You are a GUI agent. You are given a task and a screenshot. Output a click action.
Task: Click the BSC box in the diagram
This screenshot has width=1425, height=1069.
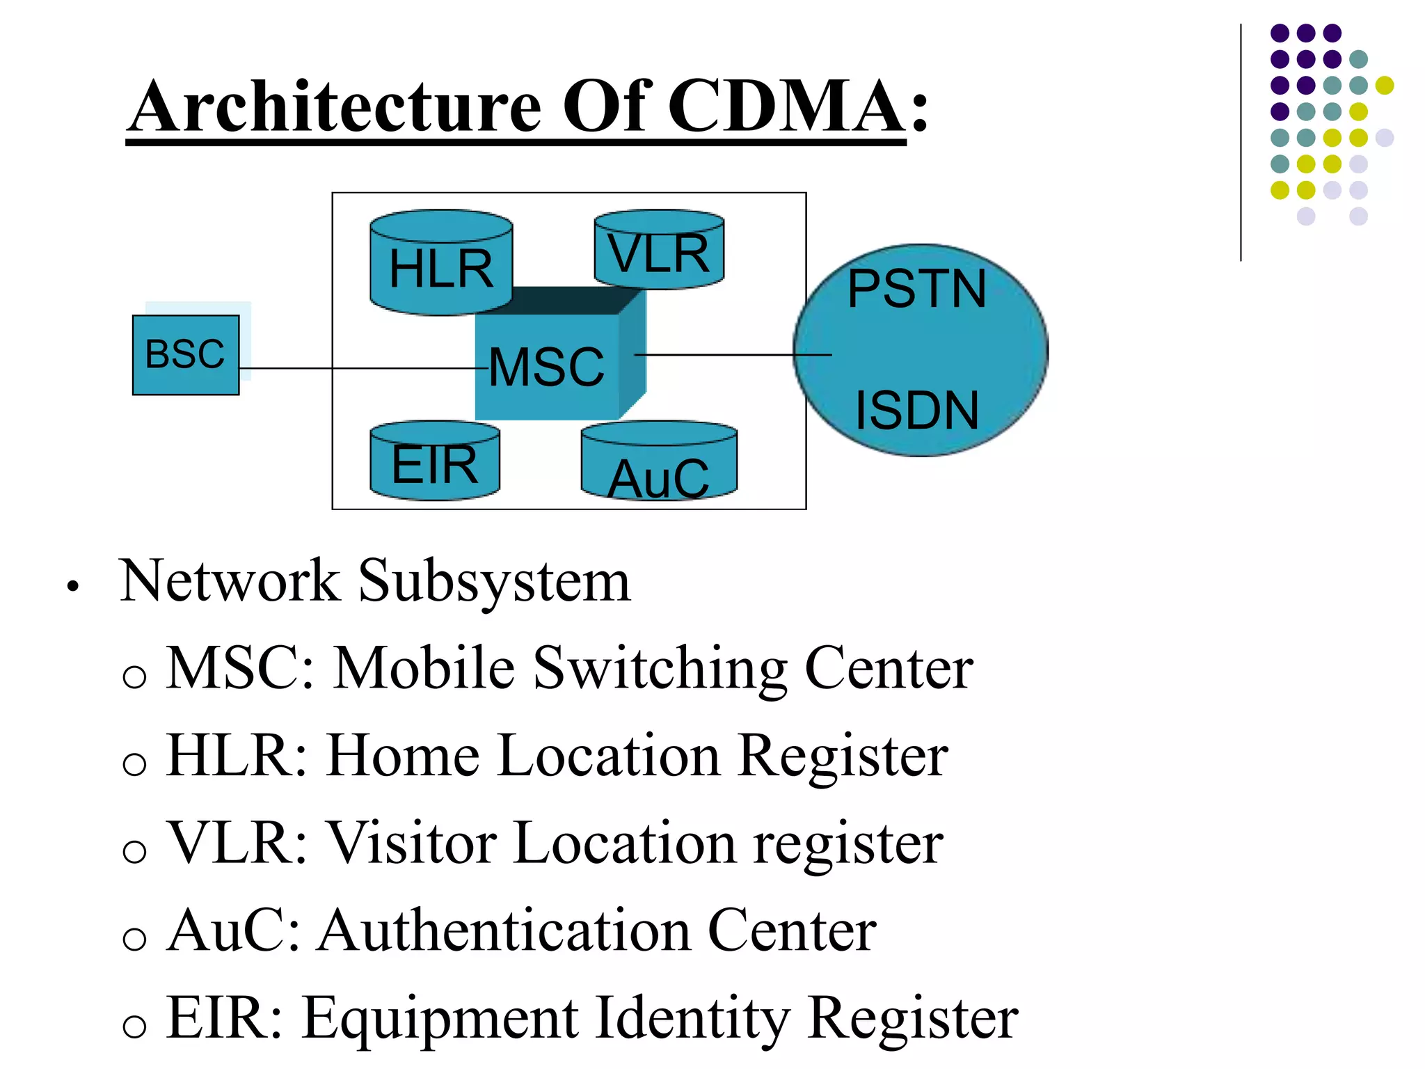(185, 355)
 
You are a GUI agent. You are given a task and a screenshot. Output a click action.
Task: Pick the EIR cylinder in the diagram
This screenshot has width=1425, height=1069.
(435, 463)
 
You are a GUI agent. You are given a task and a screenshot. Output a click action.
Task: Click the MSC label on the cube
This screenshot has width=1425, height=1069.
(546, 367)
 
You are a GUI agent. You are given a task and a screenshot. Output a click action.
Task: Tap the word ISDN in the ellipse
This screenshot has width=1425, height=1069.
(916, 411)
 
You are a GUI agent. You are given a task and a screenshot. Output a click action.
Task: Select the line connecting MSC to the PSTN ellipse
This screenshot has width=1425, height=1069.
(731, 355)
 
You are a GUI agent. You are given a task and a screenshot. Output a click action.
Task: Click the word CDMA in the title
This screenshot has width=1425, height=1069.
(786, 106)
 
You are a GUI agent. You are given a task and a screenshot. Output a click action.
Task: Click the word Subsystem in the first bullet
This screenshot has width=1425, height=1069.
(494, 582)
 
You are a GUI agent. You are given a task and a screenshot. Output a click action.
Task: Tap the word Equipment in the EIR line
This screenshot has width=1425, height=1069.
(440, 1019)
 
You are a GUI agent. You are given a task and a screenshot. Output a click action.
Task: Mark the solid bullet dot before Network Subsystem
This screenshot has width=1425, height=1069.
(72, 587)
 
